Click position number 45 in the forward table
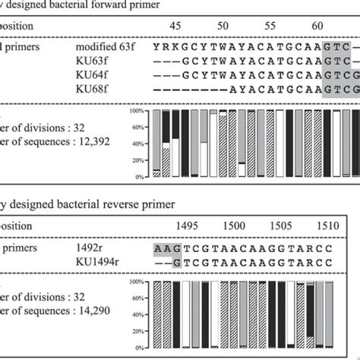coord(176,27)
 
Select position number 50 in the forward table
coord(224,27)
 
